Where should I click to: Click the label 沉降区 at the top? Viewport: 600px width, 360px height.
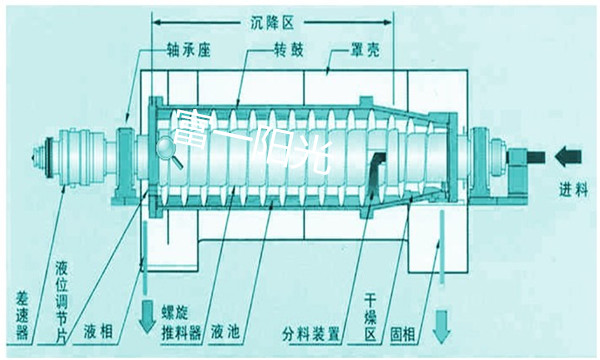tap(271, 19)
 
